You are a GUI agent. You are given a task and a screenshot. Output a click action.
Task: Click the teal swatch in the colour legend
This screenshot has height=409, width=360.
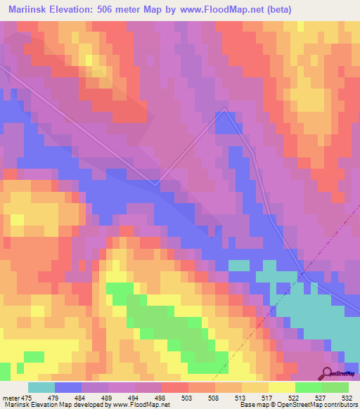pos(41,387)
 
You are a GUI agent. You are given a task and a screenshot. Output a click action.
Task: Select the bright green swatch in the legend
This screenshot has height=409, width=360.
pos(308,387)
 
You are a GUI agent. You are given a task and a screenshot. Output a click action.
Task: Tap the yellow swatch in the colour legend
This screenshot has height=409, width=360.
pos(281,387)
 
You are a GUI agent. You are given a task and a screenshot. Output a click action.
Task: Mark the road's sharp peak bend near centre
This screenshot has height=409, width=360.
pos(224,109)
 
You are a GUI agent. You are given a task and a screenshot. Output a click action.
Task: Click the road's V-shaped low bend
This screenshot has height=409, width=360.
pos(156,184)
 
